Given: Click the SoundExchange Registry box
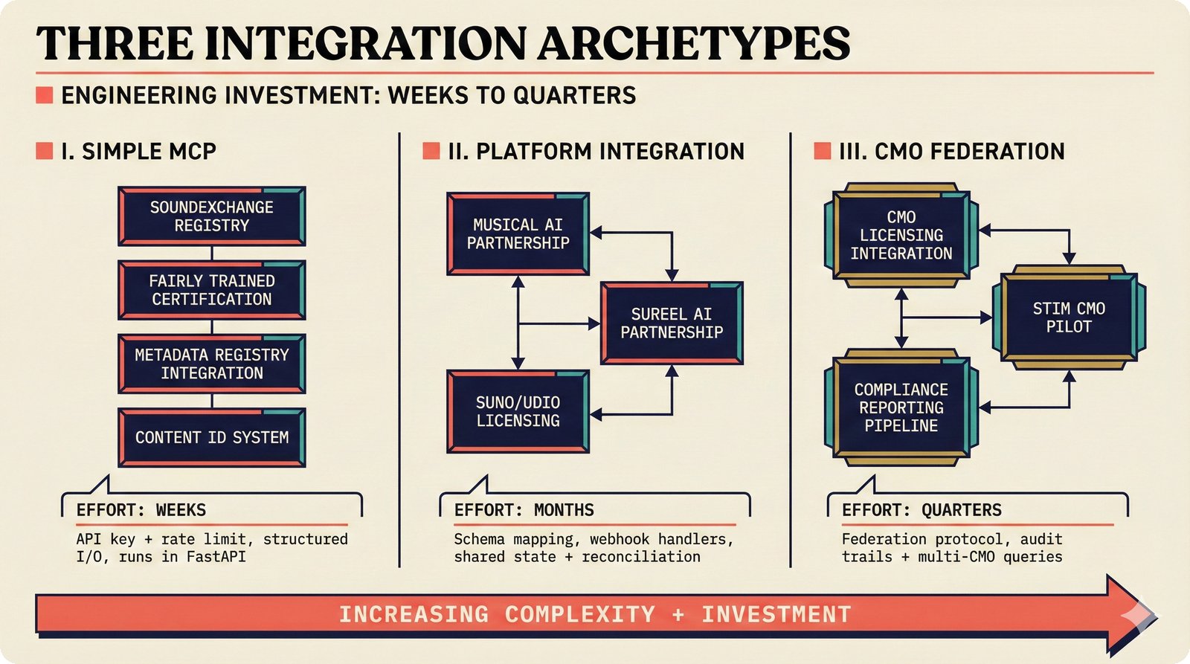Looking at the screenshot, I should (x=212, y=216).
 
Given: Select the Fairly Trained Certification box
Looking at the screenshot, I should (x=212, y=290).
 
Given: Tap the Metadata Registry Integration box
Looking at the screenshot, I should (x=212, y=364).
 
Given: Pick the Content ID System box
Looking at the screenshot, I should (x=212, y=437).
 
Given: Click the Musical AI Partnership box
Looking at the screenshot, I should (x=518, y=233).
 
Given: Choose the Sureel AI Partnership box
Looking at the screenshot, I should (x=672, y=323).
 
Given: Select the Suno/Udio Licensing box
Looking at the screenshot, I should (x=518, y=411).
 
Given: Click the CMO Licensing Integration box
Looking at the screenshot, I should (x=901, y=235).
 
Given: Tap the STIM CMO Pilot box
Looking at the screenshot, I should (x=1069, y=318).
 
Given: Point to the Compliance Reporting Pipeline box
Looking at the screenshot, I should (x=901, y=407).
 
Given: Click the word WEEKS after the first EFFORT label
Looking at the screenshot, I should (x=181, y=510).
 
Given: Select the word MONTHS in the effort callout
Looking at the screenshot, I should (x=564, y=510).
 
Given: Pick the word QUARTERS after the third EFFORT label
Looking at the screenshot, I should (x=961, y=510).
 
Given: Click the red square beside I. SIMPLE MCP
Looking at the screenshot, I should (x=45, y=151).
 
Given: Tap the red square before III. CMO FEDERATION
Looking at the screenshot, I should (x=822, y=151).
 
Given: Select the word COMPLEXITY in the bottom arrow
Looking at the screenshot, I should (x=580, y=614).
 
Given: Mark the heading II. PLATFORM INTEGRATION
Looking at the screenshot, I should (x=595, y=151).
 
